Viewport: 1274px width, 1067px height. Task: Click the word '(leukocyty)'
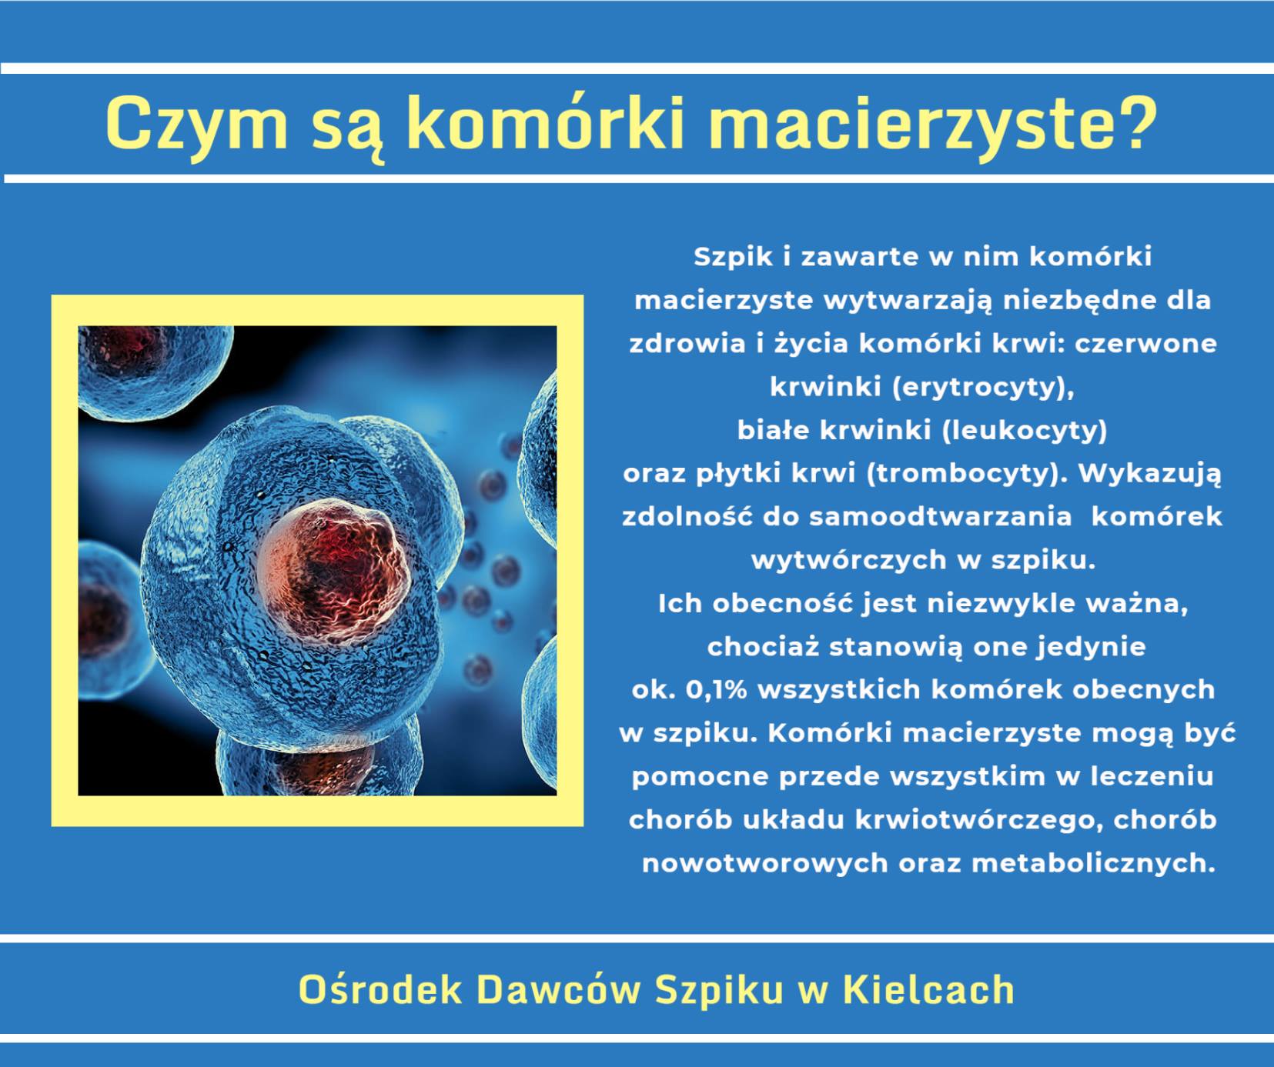tap(1025, 431)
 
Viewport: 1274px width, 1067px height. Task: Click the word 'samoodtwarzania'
tap(940, 516)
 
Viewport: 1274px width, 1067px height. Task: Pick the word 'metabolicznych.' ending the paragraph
tap(1093, 863)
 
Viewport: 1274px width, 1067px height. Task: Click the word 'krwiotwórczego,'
tap(978, 820)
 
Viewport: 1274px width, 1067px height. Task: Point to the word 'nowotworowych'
tap(765, 864)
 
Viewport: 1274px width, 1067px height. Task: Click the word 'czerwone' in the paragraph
tap(1145, 344)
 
